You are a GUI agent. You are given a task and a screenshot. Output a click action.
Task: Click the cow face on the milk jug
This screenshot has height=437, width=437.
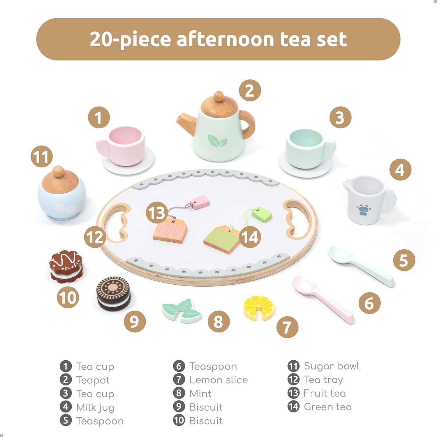pyautogui.click(x=362, y=210)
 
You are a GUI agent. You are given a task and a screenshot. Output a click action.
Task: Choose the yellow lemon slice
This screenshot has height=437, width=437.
pyautogui.click(x=258, y=307)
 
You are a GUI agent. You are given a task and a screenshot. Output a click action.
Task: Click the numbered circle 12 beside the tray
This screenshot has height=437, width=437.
pyautogui.click(x=95, y=237)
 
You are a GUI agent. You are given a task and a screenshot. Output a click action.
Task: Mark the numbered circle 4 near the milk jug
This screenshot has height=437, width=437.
pyautogui.click(x=400, y=170)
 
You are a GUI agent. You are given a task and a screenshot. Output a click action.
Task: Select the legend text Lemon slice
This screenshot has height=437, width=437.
pyautogui.click(x=218, y=380)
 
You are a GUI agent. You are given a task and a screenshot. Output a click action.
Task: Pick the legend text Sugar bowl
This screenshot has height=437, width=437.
pyautogui.click(x=331, y=366)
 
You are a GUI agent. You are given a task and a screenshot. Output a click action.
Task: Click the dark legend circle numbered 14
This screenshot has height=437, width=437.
pyautogui.click(x=293, y=407)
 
